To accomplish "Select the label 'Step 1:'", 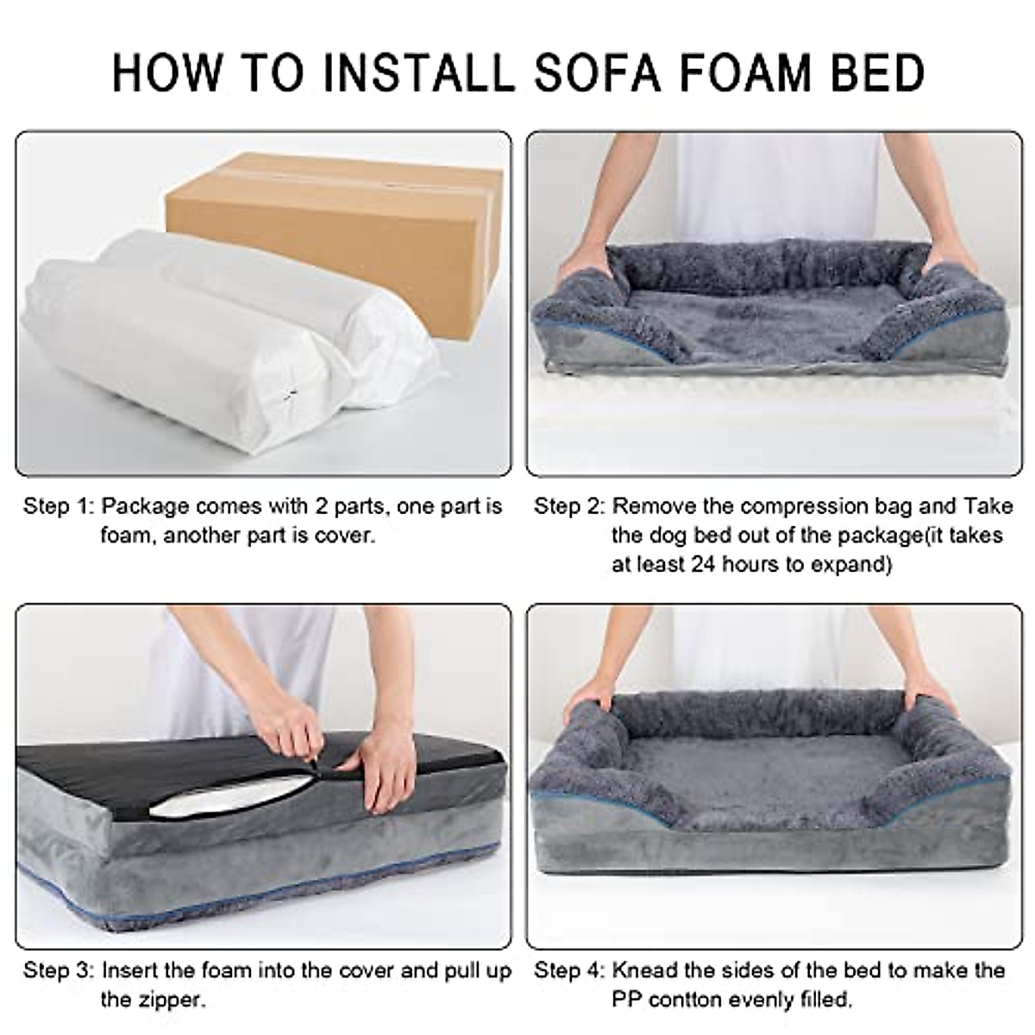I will pyautogui.click(x=57, y=505).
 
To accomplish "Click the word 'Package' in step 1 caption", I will pyautogui.click(x=143, y=505).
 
